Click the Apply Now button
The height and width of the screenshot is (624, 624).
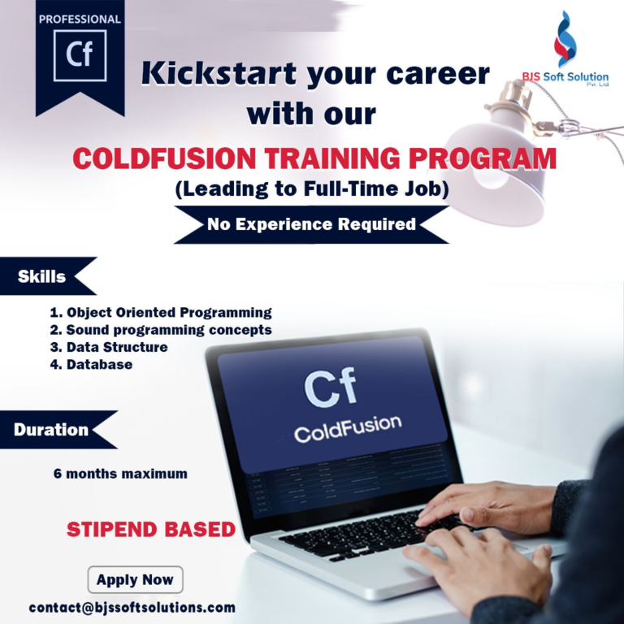[135, 579]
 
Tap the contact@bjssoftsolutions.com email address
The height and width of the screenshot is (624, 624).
[132, 607]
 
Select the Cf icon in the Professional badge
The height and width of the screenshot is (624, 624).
[80, 55]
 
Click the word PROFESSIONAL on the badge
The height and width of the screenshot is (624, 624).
[80, 19]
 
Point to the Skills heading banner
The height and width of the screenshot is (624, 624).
[45, 276]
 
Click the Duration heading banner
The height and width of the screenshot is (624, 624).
[54, 430]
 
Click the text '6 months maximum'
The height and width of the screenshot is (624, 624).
[120, 473]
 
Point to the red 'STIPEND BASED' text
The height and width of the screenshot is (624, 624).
[151, 530]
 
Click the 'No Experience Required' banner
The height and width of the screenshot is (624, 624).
[311, 224]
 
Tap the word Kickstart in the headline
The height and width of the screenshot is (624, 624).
[219, 74]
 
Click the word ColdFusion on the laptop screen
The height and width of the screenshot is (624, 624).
[348, 428]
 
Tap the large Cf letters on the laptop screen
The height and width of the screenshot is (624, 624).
[330, 388]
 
